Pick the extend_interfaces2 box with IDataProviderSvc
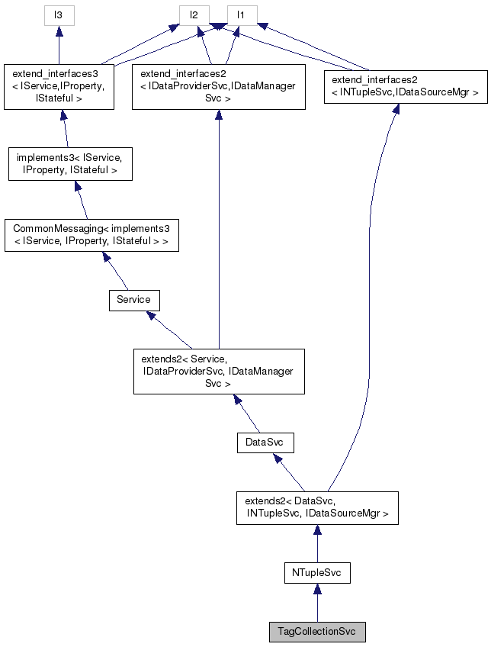218,87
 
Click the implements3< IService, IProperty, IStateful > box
70,164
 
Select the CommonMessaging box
91,236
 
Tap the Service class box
133,300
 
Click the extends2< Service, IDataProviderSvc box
219,372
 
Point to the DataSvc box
265,442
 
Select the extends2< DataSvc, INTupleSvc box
316,507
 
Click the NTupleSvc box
316,572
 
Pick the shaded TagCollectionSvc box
317,633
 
